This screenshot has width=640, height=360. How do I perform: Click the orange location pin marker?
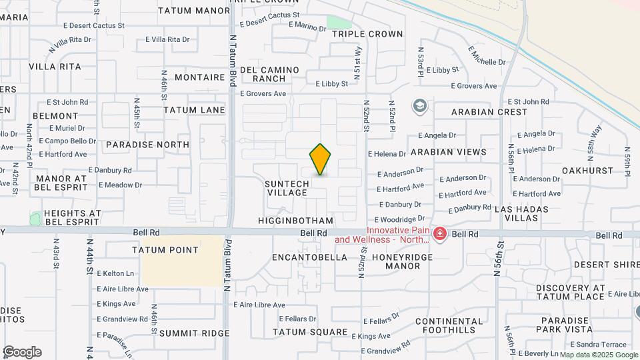pyautogui.click(x=320, y=159)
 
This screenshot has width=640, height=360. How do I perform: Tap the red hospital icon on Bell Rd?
pyautogui.click(x=439, y=233)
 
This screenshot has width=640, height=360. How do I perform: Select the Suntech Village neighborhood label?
pyautogui.click(x=287, y=188)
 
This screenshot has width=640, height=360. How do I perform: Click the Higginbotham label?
pyautogui.click(x=295, y=221)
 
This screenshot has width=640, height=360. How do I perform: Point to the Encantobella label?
pyautogui.click(x=310, y=257)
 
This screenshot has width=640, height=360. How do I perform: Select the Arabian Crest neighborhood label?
pyautogui.click(x=489, y=112)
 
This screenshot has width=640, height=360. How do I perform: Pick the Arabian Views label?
pyautogui.click(x=449, y=153)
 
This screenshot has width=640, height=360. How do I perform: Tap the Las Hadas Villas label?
pyautogui.click(x=521, y=214)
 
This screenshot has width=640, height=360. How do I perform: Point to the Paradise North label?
pyautogui.click(x=147, y=145)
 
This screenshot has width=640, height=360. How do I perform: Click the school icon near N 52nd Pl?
pyautogui.click(x=419, y=106)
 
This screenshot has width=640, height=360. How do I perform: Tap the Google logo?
pyautogui.click(x=22, y=351)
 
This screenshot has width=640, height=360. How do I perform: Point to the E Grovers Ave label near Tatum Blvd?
pyautogui.click(x=263, y=94)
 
